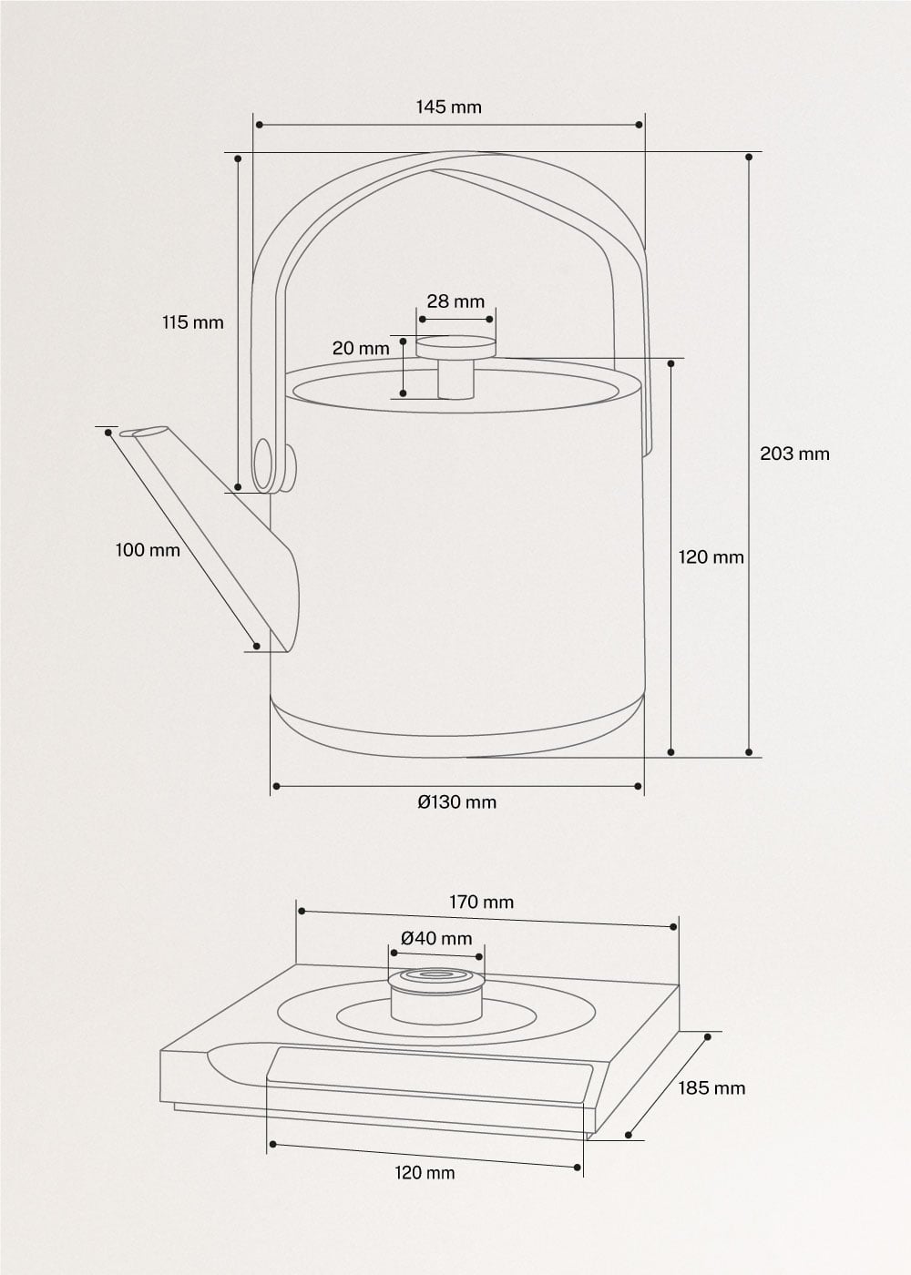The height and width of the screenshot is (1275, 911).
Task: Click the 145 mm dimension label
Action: coord(448,107)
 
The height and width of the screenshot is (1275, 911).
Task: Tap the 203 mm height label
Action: coord(794,454)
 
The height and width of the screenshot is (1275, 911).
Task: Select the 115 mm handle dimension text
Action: coord(192,322)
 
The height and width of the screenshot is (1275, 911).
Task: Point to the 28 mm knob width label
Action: coord(455,301)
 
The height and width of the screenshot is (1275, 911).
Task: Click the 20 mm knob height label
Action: coord(360,348)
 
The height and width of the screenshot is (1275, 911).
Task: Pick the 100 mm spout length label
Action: coord(148,550)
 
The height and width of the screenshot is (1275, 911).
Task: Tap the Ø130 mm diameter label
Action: coord(456,802)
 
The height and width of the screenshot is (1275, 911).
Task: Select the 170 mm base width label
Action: coord(481,903)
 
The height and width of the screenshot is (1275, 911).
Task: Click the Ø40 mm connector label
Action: coord(436,938)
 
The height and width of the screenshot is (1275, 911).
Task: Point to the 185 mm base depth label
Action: coord(711,1088)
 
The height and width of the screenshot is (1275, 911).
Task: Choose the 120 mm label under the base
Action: coord(425,1173)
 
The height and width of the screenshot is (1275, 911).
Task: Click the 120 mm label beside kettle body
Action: coord(711,557)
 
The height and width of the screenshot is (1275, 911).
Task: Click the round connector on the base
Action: coord(436,996)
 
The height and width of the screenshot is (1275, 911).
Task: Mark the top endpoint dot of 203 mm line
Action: coord(749,157)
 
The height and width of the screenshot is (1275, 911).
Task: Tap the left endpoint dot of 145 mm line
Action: coord(260,125)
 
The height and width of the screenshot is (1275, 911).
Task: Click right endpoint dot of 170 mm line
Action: coord(673,927)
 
